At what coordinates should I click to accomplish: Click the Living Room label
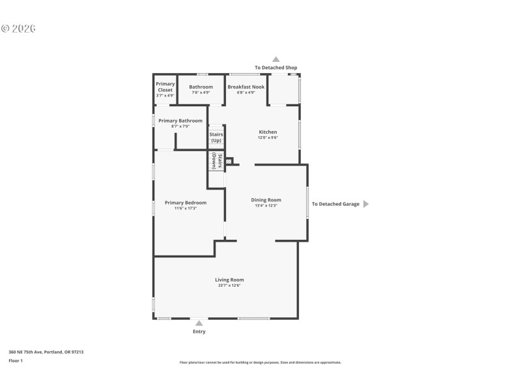tap(229, 280)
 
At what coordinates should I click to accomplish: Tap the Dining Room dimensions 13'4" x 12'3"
tap(266, 205)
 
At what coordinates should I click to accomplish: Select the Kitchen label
tap(268, 132)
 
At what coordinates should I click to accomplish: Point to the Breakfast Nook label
tap(246, 87)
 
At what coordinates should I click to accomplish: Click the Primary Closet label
tap(165, 87)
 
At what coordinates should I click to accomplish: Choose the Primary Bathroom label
tap(180, 121)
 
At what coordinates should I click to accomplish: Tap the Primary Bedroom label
tap(186, 202)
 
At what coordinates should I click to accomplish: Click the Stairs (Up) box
tap(216, 137)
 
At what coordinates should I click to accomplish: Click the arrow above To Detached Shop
tap(275, 59)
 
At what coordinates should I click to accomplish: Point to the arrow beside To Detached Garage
tap(365, 204)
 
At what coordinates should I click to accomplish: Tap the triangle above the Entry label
tap(199, 323)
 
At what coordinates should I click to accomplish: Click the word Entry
tap(199, 332)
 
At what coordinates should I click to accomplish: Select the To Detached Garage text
tap(335, 204)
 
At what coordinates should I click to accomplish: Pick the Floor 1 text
tap(16, 360)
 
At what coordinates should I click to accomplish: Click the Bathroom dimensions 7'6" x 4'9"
tap(201, 93)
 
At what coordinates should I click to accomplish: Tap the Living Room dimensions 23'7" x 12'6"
tap(229, 285)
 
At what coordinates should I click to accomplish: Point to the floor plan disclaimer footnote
tap(260, 362)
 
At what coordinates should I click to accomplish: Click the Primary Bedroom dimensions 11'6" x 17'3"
tap(186, 208)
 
